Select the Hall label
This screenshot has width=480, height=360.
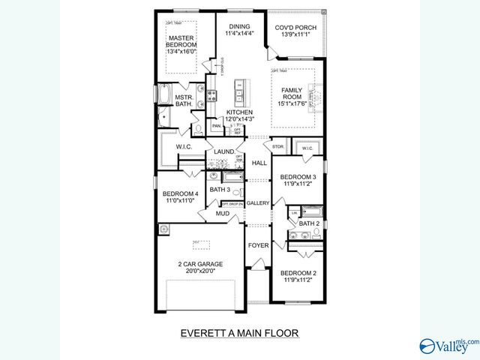(x=259, y=163)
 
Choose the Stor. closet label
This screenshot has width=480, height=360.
(x=277, y=146)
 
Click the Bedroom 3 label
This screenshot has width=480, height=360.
(x=298, y=177)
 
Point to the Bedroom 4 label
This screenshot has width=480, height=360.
(x=180, y=193)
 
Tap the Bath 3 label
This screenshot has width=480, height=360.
(x=219, y=190)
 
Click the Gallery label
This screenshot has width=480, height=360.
(x=258, y=202)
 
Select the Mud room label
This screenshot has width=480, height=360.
(x=223, y=214)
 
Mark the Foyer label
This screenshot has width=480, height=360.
(x=258, y=245)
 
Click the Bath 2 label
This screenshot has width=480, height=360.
(x=308, y=223)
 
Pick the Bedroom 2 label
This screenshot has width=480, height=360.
(x=298, y=273)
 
